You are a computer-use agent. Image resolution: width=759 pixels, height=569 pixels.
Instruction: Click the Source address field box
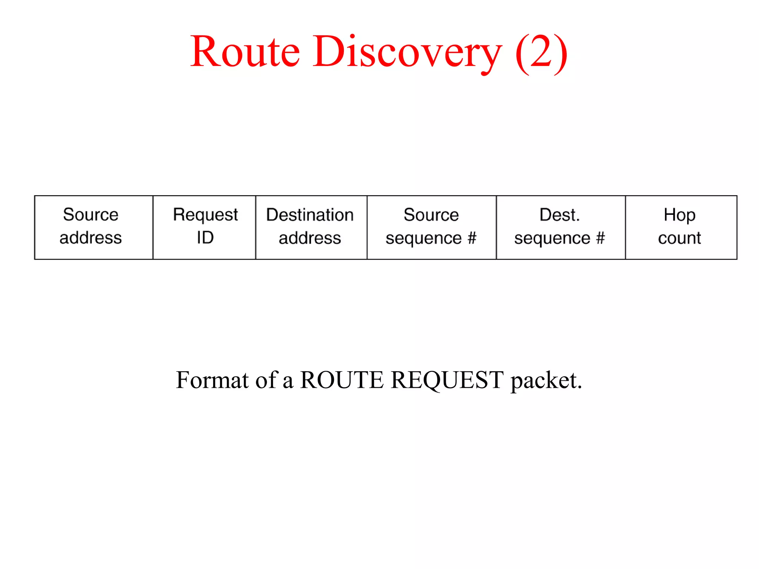93,227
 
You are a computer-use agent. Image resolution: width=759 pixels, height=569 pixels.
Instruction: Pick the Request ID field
204,227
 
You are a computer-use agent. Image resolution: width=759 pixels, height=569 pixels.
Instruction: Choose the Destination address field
311,227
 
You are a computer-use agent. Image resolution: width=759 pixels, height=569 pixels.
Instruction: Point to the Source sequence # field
431,227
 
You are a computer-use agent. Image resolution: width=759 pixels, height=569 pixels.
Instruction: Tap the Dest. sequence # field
560,227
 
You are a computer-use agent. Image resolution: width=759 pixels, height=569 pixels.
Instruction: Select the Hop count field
681,227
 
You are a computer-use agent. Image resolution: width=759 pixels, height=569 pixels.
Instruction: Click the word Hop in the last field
679,215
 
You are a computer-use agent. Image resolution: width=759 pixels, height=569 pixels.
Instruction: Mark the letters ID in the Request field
205,237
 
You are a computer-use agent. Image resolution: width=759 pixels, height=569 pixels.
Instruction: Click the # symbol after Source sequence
471,238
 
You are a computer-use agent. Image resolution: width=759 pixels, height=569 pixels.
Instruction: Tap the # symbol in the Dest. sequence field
600,238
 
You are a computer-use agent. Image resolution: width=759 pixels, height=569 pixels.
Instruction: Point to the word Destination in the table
310,215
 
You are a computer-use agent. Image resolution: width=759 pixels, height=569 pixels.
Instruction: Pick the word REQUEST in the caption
447,380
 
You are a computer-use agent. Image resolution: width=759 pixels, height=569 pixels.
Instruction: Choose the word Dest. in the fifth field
559,215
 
